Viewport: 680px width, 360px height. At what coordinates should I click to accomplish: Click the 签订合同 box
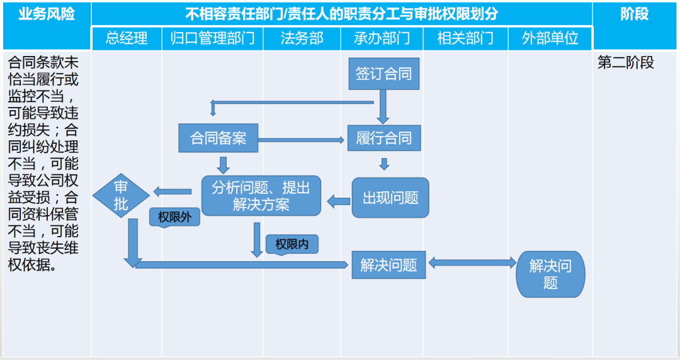point(383,74)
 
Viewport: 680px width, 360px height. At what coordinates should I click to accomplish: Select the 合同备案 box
point(218,138)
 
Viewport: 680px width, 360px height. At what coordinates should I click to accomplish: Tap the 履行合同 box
point(383,138)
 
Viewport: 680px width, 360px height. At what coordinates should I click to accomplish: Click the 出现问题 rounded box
point(390,198)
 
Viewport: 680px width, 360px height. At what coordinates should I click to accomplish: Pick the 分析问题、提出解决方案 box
point(261,196)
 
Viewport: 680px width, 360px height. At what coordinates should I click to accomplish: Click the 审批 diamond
point(121,195)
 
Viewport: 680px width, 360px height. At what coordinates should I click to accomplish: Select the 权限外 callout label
point(174,217)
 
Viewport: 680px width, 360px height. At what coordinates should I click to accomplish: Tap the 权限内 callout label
point(292,244)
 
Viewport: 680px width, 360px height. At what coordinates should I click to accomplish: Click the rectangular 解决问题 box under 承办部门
point(388,265)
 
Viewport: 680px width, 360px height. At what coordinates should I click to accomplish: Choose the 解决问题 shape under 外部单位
point(550,274)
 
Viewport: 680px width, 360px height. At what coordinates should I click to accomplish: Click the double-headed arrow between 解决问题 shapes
point(471,262)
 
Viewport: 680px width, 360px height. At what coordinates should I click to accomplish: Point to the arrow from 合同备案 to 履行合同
point(302,139)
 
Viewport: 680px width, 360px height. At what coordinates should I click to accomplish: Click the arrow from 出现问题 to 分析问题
point(338,201)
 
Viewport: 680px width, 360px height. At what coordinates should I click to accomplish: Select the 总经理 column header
point(127,38)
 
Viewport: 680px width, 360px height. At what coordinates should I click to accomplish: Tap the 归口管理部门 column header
point(212,38)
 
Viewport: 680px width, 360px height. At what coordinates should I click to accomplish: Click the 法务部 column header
point(302,38)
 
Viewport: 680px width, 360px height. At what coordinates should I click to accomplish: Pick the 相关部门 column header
point(465,38)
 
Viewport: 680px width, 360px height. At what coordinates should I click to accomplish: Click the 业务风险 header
point(46,14)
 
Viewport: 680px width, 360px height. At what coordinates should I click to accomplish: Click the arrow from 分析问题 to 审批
point(173,191)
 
